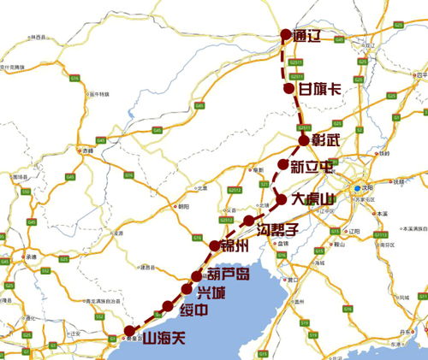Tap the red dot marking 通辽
pos(287,35)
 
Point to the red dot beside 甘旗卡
pos(289,88)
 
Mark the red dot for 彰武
pos(303,140)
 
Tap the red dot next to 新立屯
pos(283,164)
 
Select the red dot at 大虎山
pos(282,199)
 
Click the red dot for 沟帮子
pos(248,221)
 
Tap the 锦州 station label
pos(234,248)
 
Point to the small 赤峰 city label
pos(86,150)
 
